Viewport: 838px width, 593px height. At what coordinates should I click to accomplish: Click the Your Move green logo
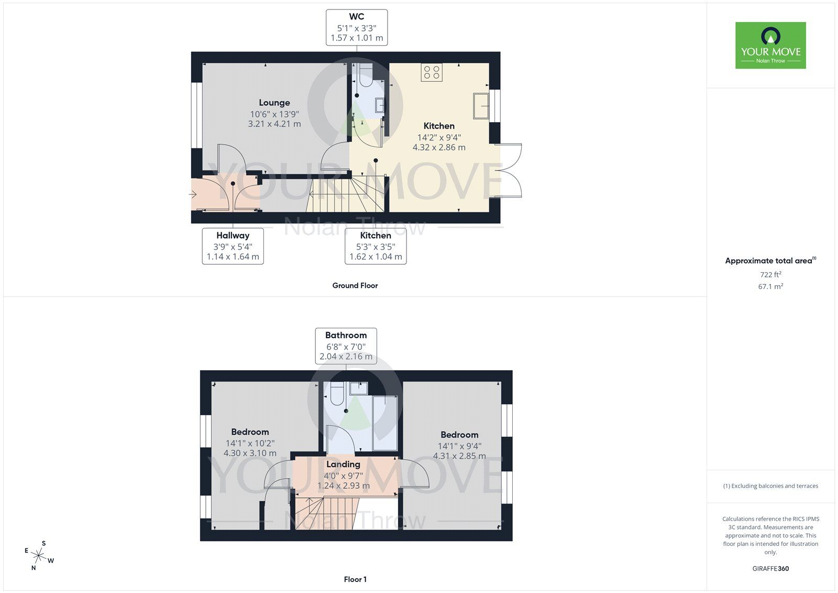770,46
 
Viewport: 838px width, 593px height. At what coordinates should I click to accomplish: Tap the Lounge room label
274,103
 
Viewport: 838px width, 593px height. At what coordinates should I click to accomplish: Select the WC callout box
357,27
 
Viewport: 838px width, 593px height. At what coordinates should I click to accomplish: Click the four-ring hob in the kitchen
432,72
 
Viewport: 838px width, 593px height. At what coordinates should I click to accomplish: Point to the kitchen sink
481,105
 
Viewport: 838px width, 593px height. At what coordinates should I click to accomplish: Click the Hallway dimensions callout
233,246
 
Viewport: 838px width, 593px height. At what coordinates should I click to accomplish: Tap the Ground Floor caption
355,286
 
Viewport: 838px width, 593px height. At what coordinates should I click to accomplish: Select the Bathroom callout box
346,346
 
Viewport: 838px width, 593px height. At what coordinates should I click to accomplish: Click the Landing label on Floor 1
343,464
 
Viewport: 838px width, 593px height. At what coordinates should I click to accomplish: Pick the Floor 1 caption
355,579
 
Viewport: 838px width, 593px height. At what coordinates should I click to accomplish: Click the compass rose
39,555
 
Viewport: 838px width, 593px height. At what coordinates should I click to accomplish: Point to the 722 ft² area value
770,274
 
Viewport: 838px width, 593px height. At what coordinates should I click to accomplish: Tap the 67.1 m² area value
770,287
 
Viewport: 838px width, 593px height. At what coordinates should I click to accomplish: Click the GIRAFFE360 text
770,568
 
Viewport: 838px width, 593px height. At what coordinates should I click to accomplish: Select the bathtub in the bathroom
384,424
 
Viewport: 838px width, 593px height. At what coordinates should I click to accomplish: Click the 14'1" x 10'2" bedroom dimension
250,443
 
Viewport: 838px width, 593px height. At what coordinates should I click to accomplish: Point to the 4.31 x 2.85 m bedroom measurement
459,456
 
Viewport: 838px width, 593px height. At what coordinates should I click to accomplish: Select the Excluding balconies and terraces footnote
770,486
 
